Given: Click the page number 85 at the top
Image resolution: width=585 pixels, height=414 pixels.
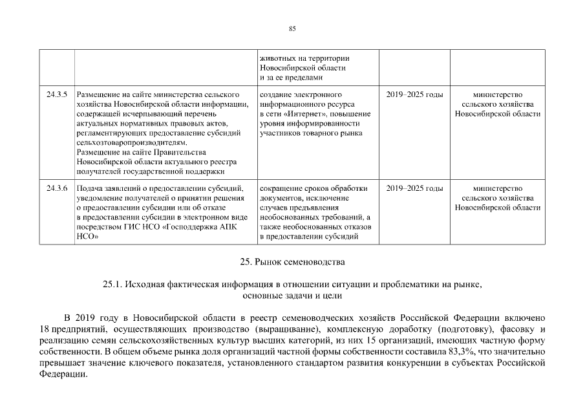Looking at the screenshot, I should pos(292,28).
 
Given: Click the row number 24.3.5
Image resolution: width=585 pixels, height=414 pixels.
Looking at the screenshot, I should pos(57,95).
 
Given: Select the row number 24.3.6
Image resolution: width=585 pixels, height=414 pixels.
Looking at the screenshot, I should pos(57,188).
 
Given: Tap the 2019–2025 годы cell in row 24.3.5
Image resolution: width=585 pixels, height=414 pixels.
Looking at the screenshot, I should pos(414,95).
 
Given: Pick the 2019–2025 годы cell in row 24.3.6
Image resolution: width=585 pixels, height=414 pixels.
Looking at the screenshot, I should pos(414,188).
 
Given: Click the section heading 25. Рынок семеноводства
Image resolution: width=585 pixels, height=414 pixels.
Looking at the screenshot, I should pos(292,262).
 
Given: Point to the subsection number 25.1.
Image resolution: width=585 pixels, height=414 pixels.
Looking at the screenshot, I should pos(112,284).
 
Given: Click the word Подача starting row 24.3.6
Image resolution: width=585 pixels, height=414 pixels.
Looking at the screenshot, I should pos(90,188).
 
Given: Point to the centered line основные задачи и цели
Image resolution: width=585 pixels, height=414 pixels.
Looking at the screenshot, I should pos(292,296).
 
